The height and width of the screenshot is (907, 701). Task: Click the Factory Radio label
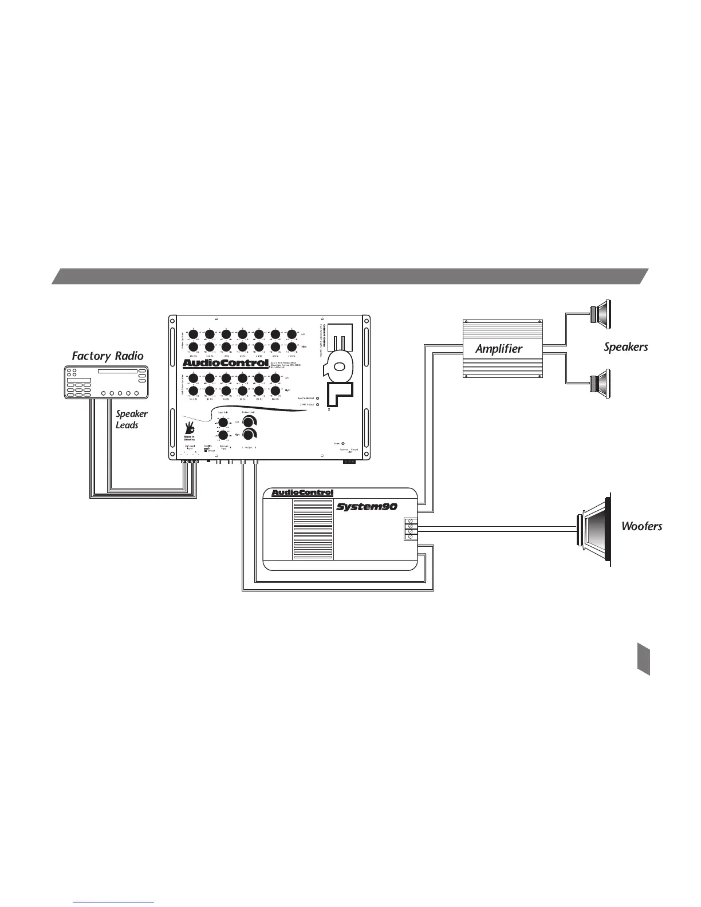click(x=108, y=356)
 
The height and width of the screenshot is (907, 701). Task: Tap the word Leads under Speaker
click(x=127, y=425)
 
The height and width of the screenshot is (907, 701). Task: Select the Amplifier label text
click(x=499, y=348)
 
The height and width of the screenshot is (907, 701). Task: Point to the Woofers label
click(x=641, y=526)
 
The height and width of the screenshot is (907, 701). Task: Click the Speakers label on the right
click(x=625, y=346)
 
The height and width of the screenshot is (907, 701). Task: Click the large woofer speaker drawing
click(x=594, y=530)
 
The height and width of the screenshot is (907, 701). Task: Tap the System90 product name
click(x=366, y=506)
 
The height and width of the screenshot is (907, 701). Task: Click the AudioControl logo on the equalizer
click(x=225, y=363)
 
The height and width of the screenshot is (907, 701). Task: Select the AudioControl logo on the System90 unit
click(x=302, y=493)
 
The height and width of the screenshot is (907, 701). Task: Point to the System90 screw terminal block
click(x=409, y=529)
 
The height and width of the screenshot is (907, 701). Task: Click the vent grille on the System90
click(x=312, y=530)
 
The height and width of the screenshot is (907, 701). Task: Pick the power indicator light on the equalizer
click(x=343, y=443)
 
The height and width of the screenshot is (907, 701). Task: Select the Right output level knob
click(x=249, y=435)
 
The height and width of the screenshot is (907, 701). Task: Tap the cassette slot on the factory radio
click(x=117, y=372)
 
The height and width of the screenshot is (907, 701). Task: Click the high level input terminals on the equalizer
click(x=189, y=461)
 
